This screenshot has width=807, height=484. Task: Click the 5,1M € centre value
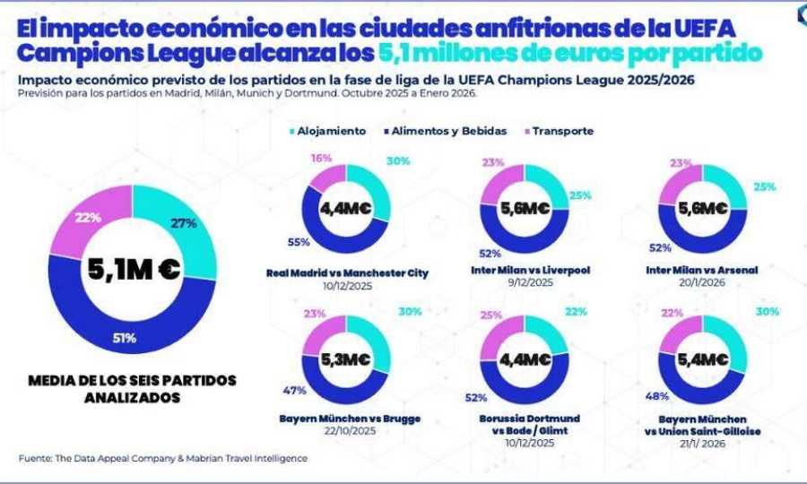(x=132, y=268)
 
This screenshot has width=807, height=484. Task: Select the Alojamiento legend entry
(x=328, y=131)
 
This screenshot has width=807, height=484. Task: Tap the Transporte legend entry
(x=562, y=131)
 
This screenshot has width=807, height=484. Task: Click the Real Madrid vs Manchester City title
(x=348, y=272)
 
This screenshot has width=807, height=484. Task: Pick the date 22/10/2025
(x=350, y=432)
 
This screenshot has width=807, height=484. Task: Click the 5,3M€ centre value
(x=345, y=359)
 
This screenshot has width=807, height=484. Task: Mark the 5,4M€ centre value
(x=702, y=359)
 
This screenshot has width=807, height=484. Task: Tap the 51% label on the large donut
(x=126, y=339)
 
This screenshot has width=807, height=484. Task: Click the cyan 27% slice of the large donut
(x=184, y=229)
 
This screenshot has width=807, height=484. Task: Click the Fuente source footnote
(x=162, y=458)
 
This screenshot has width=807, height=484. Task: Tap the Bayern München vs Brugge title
(x=350, y=419)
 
